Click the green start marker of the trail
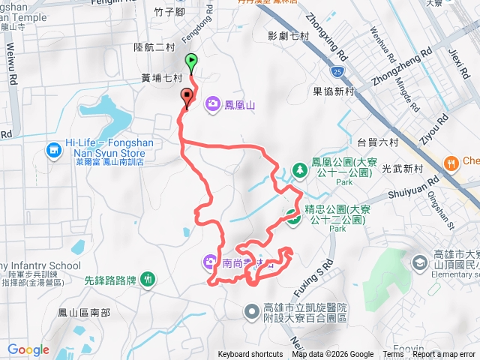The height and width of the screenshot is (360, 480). point(191,62)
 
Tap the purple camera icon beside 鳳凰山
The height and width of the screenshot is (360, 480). point(213,104)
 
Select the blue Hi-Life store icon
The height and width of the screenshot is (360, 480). point(53,151)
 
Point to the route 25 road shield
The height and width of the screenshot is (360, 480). point(338,72)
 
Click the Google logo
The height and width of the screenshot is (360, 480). point(28,349)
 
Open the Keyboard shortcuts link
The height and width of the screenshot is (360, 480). point(250,355)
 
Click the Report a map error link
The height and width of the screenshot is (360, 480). point(443,355)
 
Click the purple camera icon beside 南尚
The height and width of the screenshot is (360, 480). point(208,262)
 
